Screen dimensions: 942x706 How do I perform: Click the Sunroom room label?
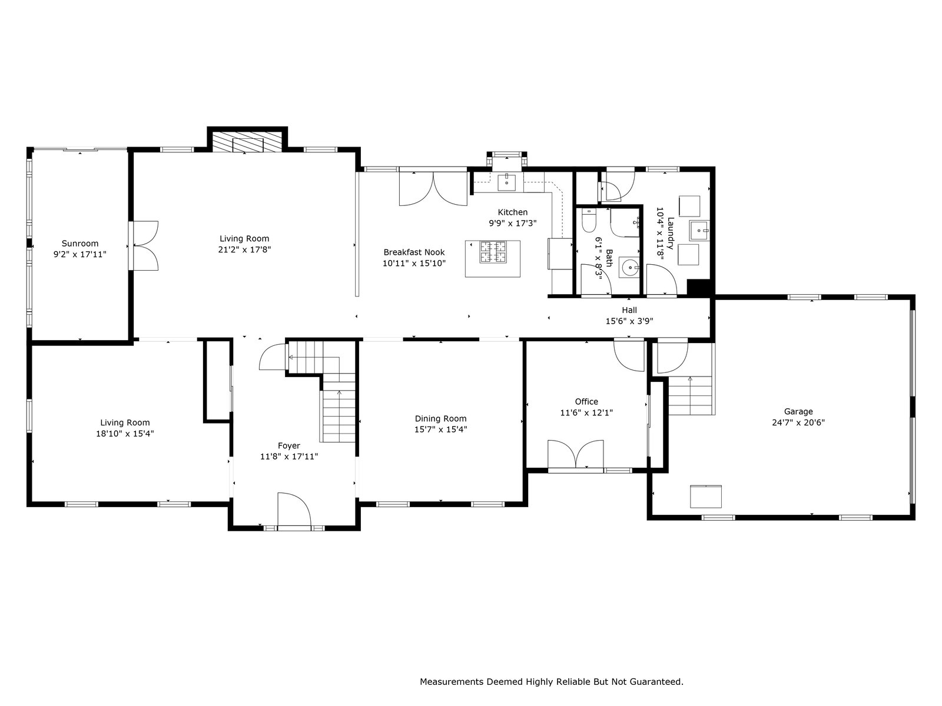[x=80, y=244]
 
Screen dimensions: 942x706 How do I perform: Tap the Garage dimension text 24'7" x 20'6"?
[x=798, y=422]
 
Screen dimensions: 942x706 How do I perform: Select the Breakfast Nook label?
[x=414, y=252]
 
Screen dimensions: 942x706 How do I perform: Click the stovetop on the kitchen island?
[x=493, y=252]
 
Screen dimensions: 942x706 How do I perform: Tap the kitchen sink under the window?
[x=507, y=182]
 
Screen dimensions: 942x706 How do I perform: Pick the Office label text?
[x=586, y=401]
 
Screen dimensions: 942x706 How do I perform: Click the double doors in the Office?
[x=575, y=454]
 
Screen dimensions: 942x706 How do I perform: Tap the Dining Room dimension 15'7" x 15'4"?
[x=441, y=429]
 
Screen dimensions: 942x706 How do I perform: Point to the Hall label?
[x=629, y=310]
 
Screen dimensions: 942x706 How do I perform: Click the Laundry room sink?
[x=699, y=231]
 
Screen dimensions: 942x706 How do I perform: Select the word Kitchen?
[x=512, y=212]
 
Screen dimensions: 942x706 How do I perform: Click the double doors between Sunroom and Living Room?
[x=144, y=245]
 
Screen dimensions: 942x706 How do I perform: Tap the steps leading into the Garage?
[x=691, y=395]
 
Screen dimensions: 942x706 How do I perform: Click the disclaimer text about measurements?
[x=552, y=681]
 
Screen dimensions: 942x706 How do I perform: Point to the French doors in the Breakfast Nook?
[x=433, y=189]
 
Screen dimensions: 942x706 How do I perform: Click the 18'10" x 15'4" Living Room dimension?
[x=125, y=434]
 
